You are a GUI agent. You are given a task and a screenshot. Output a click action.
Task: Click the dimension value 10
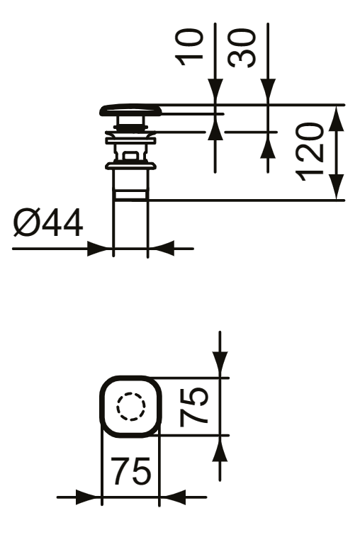[x=189, y=47]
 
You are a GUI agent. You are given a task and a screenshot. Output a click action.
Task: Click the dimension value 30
[x=242, y=48]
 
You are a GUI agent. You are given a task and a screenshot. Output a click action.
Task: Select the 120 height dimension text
[x=310, y=152]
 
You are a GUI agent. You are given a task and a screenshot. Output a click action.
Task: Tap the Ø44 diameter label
[x=48, y=223]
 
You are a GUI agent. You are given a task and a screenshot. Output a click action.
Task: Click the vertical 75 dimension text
[x=194, y=407]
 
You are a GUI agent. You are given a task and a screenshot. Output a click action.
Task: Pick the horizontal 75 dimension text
[x=130, y=470]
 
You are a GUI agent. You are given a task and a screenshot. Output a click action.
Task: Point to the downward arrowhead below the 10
[x=215, y=91]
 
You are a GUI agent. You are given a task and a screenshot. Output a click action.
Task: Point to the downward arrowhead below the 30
[x=268, y=91]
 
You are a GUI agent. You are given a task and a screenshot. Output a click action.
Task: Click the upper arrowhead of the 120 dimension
[x=336, y=118]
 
